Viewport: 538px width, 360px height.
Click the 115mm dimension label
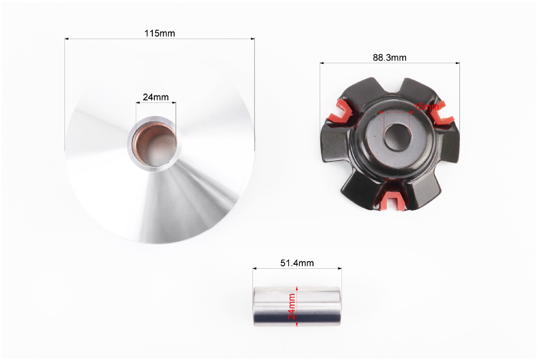pyautogui.click(x=159, y=33)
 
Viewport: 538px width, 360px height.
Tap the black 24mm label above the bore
pyautogui.click(x=156, y=97)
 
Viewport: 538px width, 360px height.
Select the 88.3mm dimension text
pyautogui.click(x=390, y=57)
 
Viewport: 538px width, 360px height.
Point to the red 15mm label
pyautogui.click(x=426, y=107)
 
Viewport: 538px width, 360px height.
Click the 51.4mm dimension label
pyautogui.click(x=297, y=263)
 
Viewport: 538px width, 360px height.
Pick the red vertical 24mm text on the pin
pyautogui.click(x=291, y=307)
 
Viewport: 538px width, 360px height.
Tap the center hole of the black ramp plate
pyautogui.click(x=397, y=137)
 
